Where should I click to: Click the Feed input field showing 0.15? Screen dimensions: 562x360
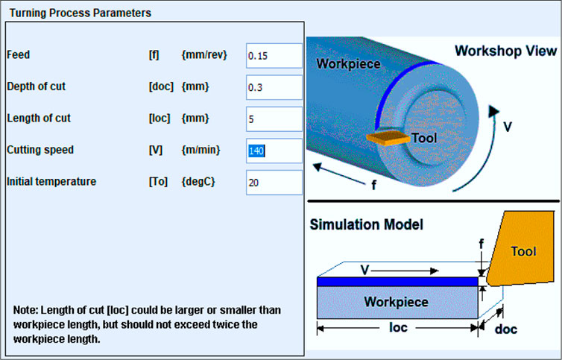(x=274, y=56)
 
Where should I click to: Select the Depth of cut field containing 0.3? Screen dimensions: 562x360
(x=274, y=87)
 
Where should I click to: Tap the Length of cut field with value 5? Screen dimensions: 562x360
(x=274, y=119)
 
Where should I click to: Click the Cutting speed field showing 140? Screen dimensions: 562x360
(x=274, y=151)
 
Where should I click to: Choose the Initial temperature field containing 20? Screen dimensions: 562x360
(x=274, y=183)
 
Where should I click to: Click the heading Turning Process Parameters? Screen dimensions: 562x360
(x=80, y=13)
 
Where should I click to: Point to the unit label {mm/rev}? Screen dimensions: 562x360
(x=204, y=55)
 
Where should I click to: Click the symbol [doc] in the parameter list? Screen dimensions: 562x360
(x=161, y=86)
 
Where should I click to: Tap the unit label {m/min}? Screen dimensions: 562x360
(x=201, y=150)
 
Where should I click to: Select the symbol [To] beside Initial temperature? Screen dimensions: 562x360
(x=158, y=181)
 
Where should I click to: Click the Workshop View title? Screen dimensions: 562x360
(x=506, y=51)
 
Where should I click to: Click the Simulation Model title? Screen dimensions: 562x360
(x=366, y=225)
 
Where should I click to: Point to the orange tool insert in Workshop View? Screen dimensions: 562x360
(x=388, y=138)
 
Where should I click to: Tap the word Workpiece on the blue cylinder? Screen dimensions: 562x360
(x=348, y=64)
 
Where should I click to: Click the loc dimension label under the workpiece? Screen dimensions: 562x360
(x=398, y=327)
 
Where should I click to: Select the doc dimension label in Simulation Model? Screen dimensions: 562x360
(x=506, y=329)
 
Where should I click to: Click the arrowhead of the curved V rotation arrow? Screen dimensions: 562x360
(x=493, y=111)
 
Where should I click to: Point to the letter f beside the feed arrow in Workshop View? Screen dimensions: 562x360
(x=374, y=185)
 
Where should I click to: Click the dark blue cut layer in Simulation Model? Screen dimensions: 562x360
(x=397, y=282)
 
